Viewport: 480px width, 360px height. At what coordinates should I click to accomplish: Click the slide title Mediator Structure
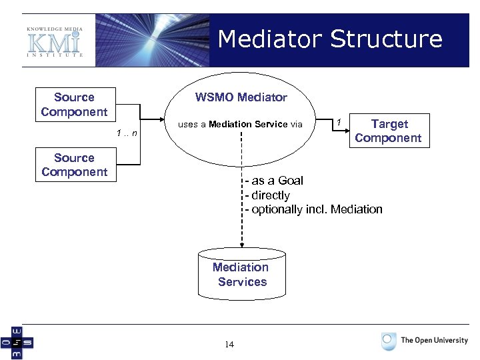tap(329, 39)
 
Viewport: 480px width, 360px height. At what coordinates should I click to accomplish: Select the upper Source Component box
tap(74, 105)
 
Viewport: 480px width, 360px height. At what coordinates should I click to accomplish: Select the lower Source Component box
tap(74, 165)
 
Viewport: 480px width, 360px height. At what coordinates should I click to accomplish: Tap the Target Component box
tap(388, 131)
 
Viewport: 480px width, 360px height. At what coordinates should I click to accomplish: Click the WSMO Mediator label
tap(241, 97)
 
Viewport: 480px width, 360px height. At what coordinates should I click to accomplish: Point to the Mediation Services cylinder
tap(241, 274)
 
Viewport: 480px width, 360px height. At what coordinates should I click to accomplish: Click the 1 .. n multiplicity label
tap(126, 133)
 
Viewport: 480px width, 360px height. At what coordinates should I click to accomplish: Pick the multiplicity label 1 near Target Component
tap(339, 122)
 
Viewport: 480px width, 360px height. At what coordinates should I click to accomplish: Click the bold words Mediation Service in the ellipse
tap(247, 124)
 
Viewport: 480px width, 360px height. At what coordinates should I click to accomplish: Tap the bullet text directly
tap(270, 195)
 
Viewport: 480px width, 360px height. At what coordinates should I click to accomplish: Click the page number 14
tap(229, 345)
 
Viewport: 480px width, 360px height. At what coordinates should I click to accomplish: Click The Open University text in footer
tap(434, 340)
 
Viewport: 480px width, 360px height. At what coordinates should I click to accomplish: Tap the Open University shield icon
tap(389, 341)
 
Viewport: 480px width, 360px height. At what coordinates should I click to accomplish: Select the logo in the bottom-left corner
tap(17, 342)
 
